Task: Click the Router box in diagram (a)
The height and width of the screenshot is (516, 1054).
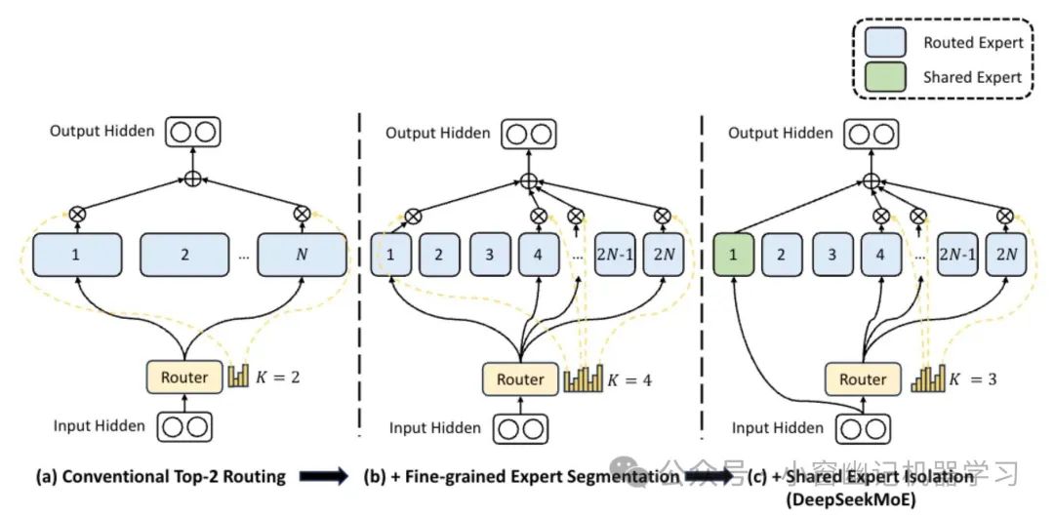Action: click(183, 376)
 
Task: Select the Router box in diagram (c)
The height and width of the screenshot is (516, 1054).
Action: click(863, 379)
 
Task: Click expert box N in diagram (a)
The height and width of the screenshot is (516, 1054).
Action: click(302, 255)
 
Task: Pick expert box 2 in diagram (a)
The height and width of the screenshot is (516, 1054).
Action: click(183, 255)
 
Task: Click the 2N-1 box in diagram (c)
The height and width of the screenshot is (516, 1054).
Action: click(958, 255)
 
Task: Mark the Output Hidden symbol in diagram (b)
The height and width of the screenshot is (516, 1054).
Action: click(528, 133)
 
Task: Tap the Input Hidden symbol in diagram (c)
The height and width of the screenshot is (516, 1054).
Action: click(864, 427)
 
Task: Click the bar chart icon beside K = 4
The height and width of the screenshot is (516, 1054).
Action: click(584, 378)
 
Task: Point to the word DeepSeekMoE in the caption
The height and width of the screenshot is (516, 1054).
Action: click(844, 499)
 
